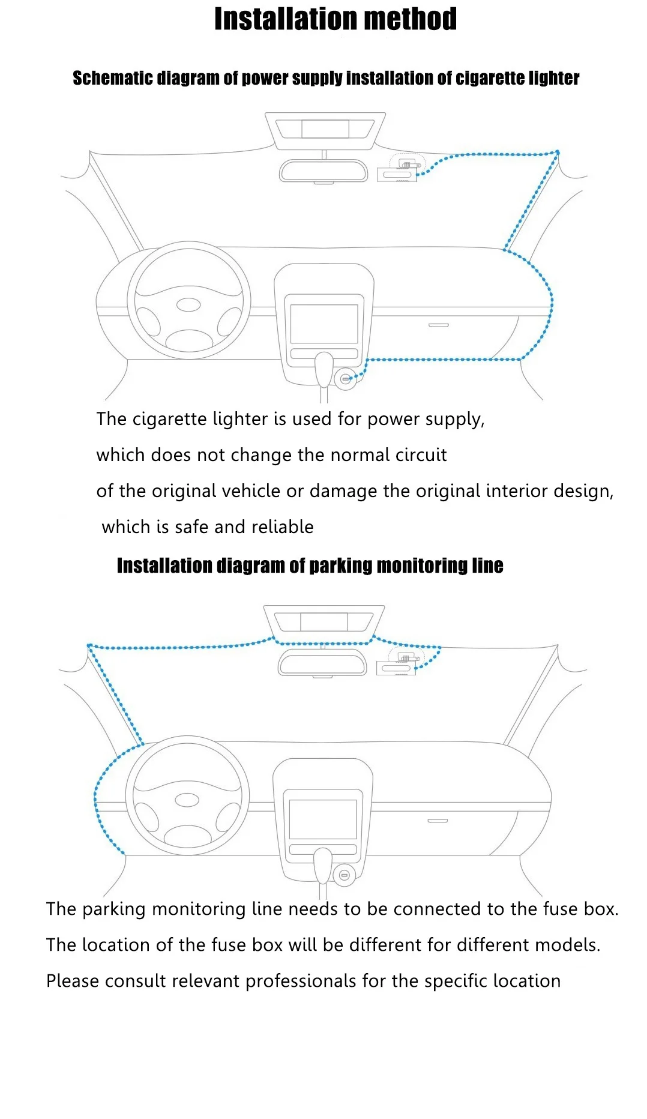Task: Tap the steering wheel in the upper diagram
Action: click(188, 300)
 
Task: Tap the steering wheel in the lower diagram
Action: click(187, 795)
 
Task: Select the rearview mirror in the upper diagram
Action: click(323, 170)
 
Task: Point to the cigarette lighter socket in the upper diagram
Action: click(345, 379)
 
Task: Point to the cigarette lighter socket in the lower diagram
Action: click(344, 875)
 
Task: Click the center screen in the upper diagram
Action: click(324, 324)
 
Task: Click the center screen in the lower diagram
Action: click(323, 819)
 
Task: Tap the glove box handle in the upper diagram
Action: click(438, 325)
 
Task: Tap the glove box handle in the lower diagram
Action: click(438, 821)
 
